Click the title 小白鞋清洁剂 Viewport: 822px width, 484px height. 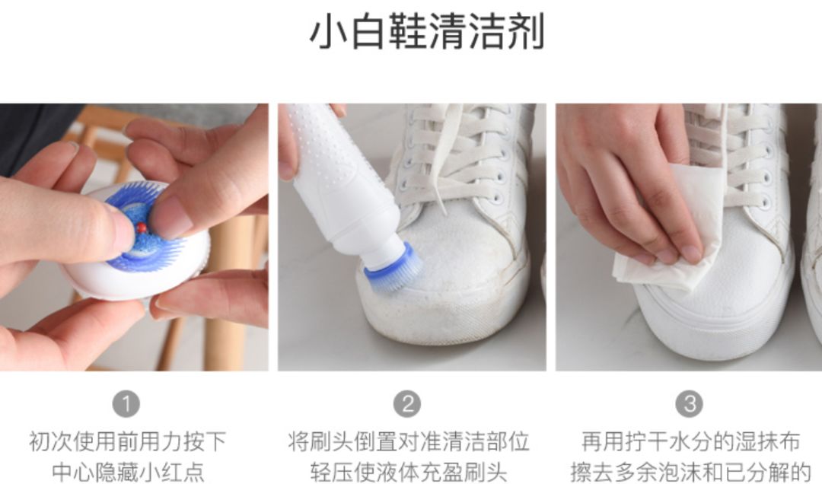tap(427, 32)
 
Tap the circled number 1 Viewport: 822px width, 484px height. tap(126, 404)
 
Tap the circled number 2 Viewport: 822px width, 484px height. tap(407, 404)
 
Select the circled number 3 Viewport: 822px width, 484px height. tap(690, 404)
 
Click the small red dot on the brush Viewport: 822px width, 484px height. tap(141, 228)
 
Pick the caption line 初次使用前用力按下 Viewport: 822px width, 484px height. tap(127, 441)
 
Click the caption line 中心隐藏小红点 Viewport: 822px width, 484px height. tap(129, 471)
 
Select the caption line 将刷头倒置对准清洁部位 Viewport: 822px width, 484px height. tap(409, 441)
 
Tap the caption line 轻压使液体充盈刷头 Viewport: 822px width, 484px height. tap(409, 471)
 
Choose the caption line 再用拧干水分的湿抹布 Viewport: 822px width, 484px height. tap(690, 441)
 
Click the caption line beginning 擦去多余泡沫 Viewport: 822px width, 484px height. tap(690, 471)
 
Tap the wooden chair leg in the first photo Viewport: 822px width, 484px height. tap(231, 294)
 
